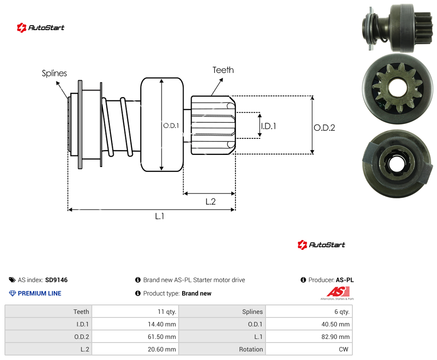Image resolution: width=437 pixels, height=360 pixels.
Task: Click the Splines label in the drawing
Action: [54, 73]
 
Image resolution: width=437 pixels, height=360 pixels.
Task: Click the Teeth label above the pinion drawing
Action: [223, 70]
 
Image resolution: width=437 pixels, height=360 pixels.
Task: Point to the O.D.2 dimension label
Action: [325, 128]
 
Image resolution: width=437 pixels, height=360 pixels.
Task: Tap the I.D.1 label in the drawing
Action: [268, 126]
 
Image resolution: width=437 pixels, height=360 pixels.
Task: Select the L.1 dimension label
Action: [160, 216]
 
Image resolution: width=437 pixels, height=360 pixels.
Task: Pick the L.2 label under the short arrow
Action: [210, 201]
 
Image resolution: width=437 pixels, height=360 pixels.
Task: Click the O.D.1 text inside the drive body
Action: [171, 126]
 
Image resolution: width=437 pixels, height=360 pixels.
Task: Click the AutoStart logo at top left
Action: [40, 28]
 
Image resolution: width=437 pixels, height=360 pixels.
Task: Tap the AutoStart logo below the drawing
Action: [321, 245]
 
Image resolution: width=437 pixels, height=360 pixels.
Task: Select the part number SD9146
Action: [56, 280]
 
